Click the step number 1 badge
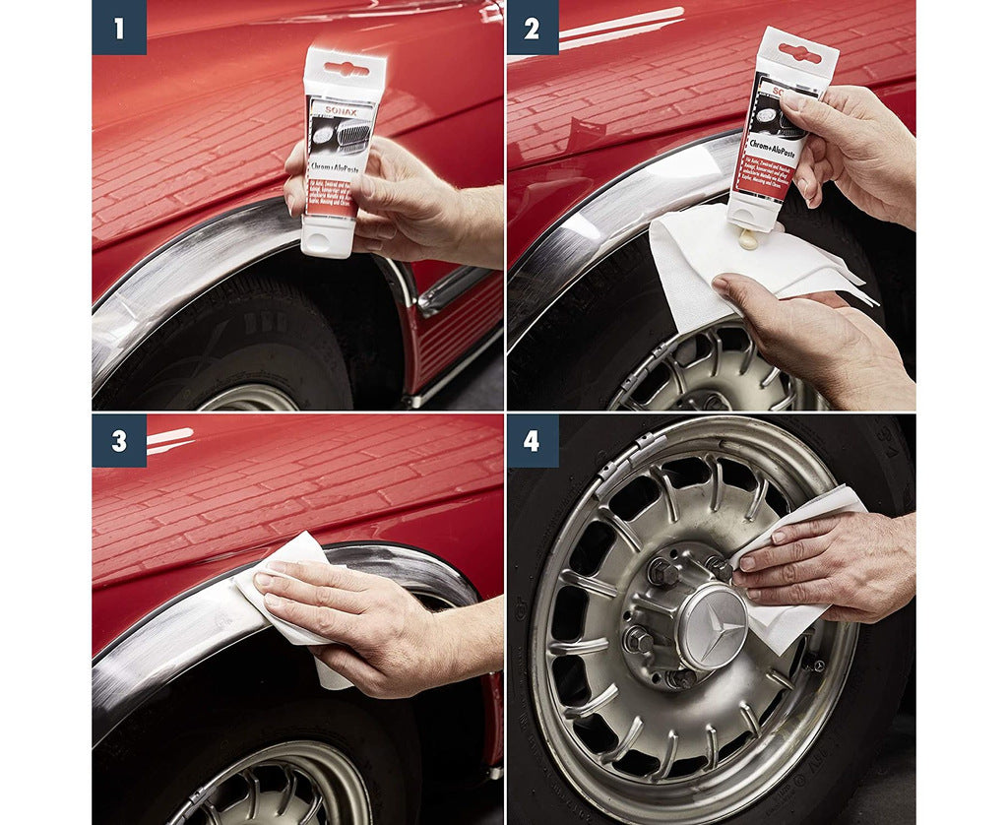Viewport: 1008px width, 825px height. pyautogui.click(x=119, y=28)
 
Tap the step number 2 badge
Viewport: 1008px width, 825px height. pyautogui.click(x=532, y=28)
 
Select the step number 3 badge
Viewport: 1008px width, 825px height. pyautogui.click(x=119, y=440)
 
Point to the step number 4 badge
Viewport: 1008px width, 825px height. pyautogui.click(x=532, y=440)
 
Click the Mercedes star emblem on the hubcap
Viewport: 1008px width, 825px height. pyautogui.click(x=712, y=627)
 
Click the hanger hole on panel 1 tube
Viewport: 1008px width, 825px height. pyautogui.click(x=346, y=69)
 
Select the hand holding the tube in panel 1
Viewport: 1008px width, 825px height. pyautogui.click(x=413, y=197)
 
